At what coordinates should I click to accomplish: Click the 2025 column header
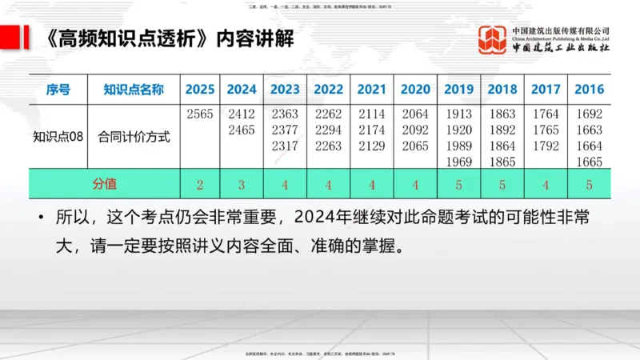coord(200,90)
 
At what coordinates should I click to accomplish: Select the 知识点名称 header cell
coord(134,90)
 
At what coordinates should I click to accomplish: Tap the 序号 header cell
coord(58,90)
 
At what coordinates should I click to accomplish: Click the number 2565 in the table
coord(200,114)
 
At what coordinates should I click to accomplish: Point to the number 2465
coord(242,130)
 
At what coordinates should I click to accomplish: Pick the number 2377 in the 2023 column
coord(285,130)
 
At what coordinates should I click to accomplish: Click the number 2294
coord(329,130)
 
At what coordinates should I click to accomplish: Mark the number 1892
coord(502,130)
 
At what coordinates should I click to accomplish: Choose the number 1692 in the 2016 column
coord(589,114)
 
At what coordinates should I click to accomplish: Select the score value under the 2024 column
coord(242,185)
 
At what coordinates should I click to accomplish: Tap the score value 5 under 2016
coord(589,185)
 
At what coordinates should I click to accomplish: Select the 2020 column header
coord(415,90)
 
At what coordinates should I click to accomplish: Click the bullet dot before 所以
coord(40,218)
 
